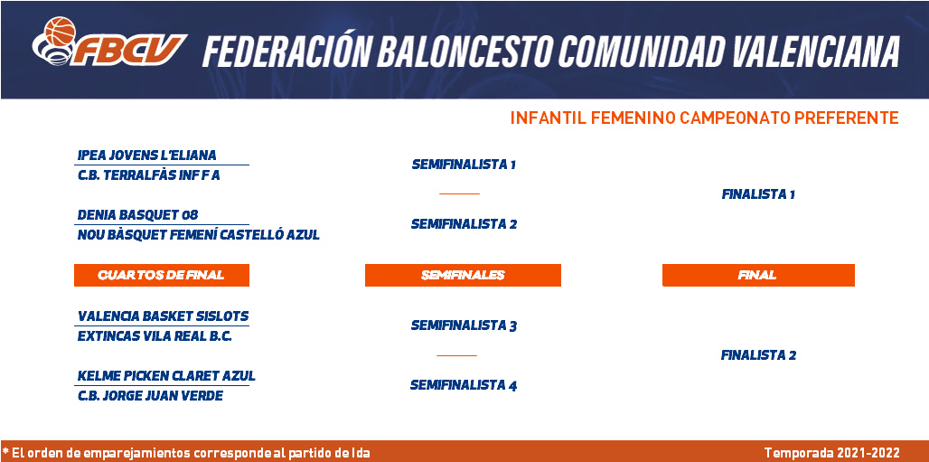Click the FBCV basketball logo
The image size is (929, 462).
click(x=109, y=42)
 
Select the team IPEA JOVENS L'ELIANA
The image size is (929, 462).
click(x=147, y=156)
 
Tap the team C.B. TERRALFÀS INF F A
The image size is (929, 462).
click(x=149, y=175)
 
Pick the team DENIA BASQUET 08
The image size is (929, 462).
click(x=137, y=214)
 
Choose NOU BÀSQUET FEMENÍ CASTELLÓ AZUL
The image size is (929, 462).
click(x=199, y=235)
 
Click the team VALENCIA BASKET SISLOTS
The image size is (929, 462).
click(x=163, y=316)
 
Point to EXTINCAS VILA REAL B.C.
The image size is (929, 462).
click(x=155, y=336)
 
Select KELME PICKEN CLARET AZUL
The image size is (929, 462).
click(x=166, y=376)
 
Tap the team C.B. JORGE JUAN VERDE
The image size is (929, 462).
click(x=151, y=396)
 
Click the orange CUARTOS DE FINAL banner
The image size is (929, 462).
click(x=161, y=275)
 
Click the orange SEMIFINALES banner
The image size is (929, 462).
click(x=463, y=275)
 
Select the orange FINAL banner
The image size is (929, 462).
click(x=758, y=275)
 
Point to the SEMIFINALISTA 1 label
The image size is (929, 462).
click(x=464, y=165)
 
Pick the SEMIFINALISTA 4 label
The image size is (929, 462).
click(x=464, y=385)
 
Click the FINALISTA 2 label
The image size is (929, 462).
click(x=758, y=355)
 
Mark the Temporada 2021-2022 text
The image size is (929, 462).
click(x=831, y=453)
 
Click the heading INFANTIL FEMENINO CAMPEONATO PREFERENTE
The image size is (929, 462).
click(x=705, y=118)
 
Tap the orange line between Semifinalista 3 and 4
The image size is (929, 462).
click(x=456, y=355)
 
